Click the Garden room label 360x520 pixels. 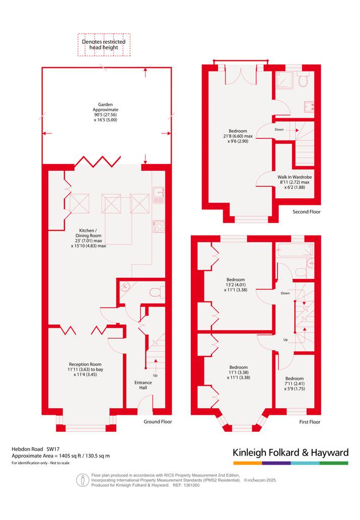coord(105,112)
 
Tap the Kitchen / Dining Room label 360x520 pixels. coord(88,238)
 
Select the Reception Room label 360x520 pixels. coord(85,369)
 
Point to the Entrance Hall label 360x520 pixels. coord(143,385)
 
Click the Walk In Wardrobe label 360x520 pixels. coord(295,182)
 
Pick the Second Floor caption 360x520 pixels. coord(307,211)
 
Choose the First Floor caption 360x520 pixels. coord(310,422)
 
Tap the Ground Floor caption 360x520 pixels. coord(158,421)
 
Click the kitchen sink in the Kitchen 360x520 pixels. coord(158,195)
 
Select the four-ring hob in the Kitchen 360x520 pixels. coord(158,226)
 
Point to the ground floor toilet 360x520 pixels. coord(157,292)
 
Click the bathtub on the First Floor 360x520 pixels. coord(295,249)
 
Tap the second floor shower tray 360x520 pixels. coord(285,80)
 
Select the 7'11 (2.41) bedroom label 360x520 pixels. coord(295,384)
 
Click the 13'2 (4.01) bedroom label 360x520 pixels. coord(236,284)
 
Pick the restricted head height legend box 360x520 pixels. coord(104,45)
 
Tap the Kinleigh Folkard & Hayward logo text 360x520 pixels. coord(291,453)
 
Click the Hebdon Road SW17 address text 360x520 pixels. coord(36,449)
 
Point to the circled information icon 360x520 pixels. coord(83,480)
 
